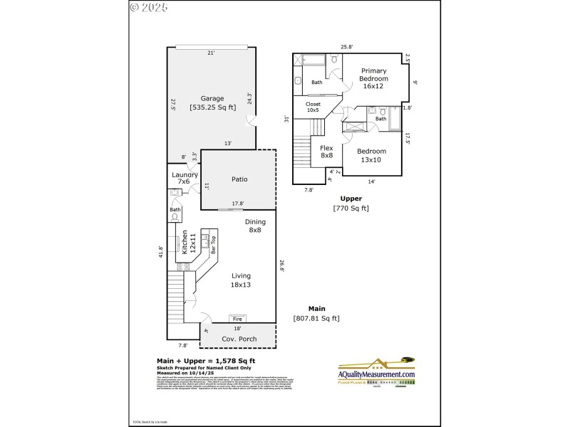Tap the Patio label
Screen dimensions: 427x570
tap(239, 179)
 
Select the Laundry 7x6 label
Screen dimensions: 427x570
tap(185, 178)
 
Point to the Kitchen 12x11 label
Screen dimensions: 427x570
tap(186, 242)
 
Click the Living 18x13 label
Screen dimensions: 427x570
tap(241, 280)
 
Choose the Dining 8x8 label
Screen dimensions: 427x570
tap(254, 226)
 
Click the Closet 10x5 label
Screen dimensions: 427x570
tap(313, 107)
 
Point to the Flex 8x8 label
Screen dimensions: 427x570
tap(327, 152)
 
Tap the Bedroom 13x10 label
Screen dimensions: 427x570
tap(371, 154)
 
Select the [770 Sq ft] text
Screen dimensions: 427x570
tap(351, 209)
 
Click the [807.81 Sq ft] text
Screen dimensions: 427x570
tap(316, 318)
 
